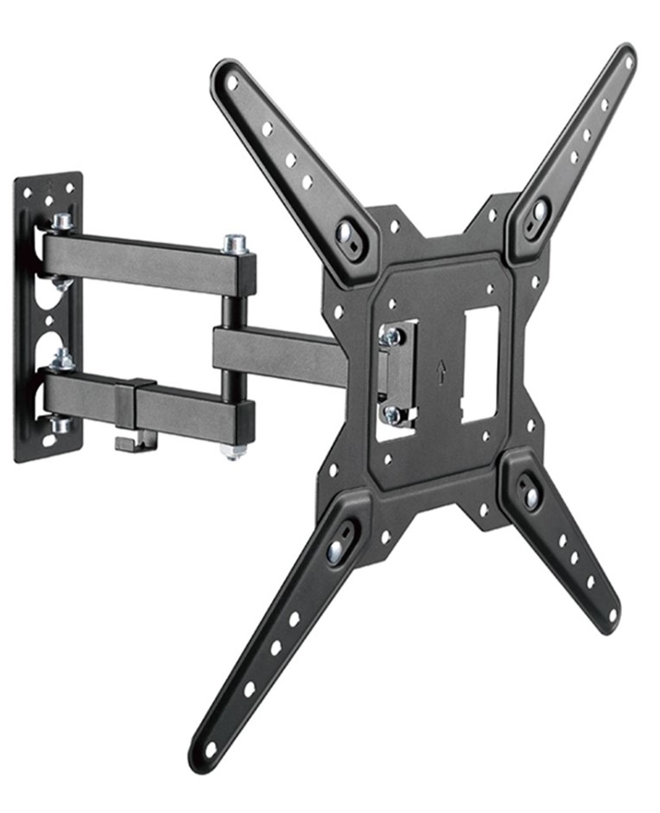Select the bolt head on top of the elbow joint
point(236,243)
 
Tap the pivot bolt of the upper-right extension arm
point(540,209)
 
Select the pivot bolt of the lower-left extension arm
point(335,550)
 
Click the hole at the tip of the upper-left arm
point(232,82)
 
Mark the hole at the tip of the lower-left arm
point(210,747)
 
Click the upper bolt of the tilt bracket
point(391,336)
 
